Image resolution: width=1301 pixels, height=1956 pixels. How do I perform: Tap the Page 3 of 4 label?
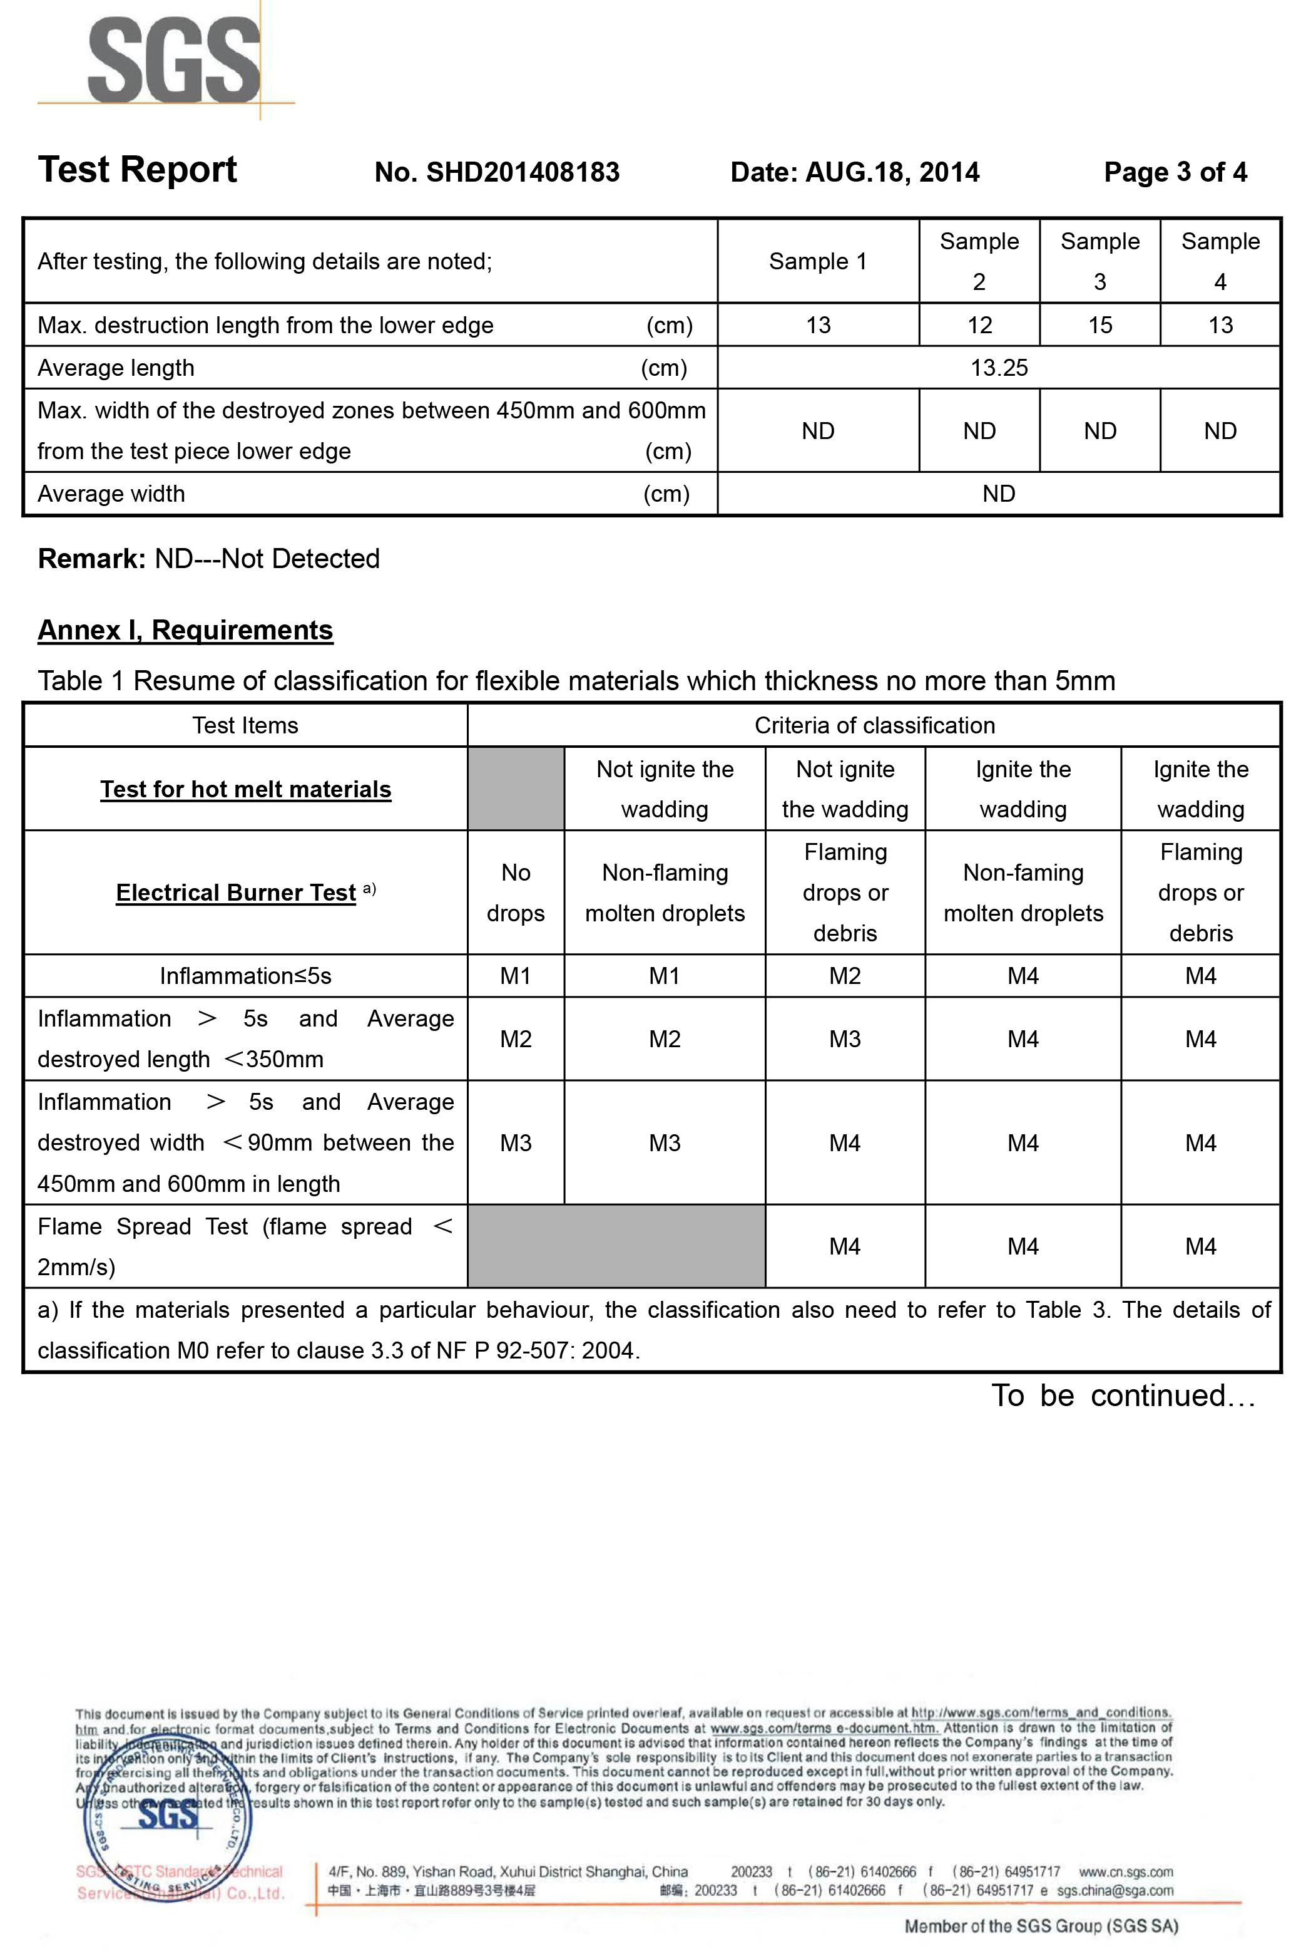(x=1175, y=173)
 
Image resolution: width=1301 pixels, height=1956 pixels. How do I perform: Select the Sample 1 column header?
(x=817, y=262)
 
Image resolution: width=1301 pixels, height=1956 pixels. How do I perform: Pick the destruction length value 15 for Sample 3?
(x=1099, y=326)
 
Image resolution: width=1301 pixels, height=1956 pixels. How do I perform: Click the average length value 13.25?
(x=999, y=368)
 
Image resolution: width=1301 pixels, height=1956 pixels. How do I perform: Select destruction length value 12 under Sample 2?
(x=979, y=326)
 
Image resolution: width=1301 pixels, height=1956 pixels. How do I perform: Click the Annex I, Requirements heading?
(x=185, y=630)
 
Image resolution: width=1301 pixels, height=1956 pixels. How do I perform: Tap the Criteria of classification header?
(x=874, y=726)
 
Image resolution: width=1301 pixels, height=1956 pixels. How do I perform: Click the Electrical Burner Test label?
(x=237, y=893)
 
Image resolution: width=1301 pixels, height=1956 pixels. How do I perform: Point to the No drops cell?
(x=515, y=893)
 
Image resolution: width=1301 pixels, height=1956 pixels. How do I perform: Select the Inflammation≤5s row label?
(x=245, y=976)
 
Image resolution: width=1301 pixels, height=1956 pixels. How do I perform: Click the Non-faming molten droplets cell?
(x=1023, y=893)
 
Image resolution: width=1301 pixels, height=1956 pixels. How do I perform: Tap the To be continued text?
(x=1123, y=1395)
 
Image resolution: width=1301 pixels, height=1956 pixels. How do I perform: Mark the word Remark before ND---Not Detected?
(x=91, y=559)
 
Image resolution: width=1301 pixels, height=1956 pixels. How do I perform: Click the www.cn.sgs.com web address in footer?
(x=1125, y=1871)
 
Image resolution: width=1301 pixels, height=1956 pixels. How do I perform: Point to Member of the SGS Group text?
(x=1041, y=1926)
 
